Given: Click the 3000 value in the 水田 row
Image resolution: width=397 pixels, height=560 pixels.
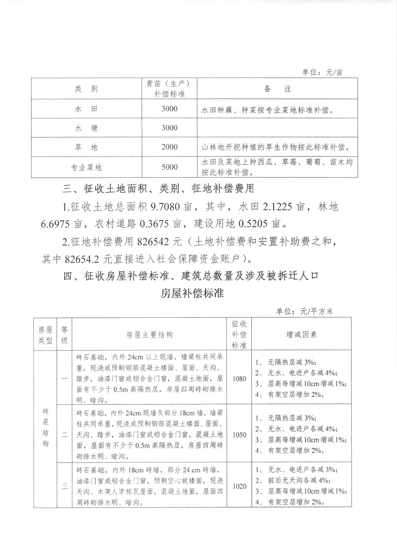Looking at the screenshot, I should point(169,109).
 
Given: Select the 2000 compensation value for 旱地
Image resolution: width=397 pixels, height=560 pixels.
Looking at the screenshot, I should point(169,147).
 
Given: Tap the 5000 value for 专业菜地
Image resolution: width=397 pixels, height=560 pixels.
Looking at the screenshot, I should point(169,167).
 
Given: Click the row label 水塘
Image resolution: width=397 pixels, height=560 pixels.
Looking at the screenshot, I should point(86,128).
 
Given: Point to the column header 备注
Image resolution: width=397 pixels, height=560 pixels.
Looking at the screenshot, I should point(277,89).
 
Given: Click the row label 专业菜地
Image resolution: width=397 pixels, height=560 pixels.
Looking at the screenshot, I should point(86,168).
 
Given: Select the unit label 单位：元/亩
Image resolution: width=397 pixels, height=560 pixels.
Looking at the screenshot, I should point(322,73).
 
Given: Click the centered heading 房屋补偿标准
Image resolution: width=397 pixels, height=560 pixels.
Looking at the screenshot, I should point(192,293).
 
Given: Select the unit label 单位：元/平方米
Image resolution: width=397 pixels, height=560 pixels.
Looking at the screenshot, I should point(305,311).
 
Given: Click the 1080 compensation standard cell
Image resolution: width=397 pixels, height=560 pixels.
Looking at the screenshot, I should point(239,379).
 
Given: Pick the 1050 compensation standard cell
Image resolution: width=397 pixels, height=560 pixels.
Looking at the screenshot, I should point(239,435).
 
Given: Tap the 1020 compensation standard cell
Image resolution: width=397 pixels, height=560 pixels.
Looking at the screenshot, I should point(239,486).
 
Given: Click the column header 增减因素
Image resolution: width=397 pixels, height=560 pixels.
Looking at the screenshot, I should point(301,334).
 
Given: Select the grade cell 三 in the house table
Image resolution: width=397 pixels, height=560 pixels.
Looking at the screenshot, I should point(64,486).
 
